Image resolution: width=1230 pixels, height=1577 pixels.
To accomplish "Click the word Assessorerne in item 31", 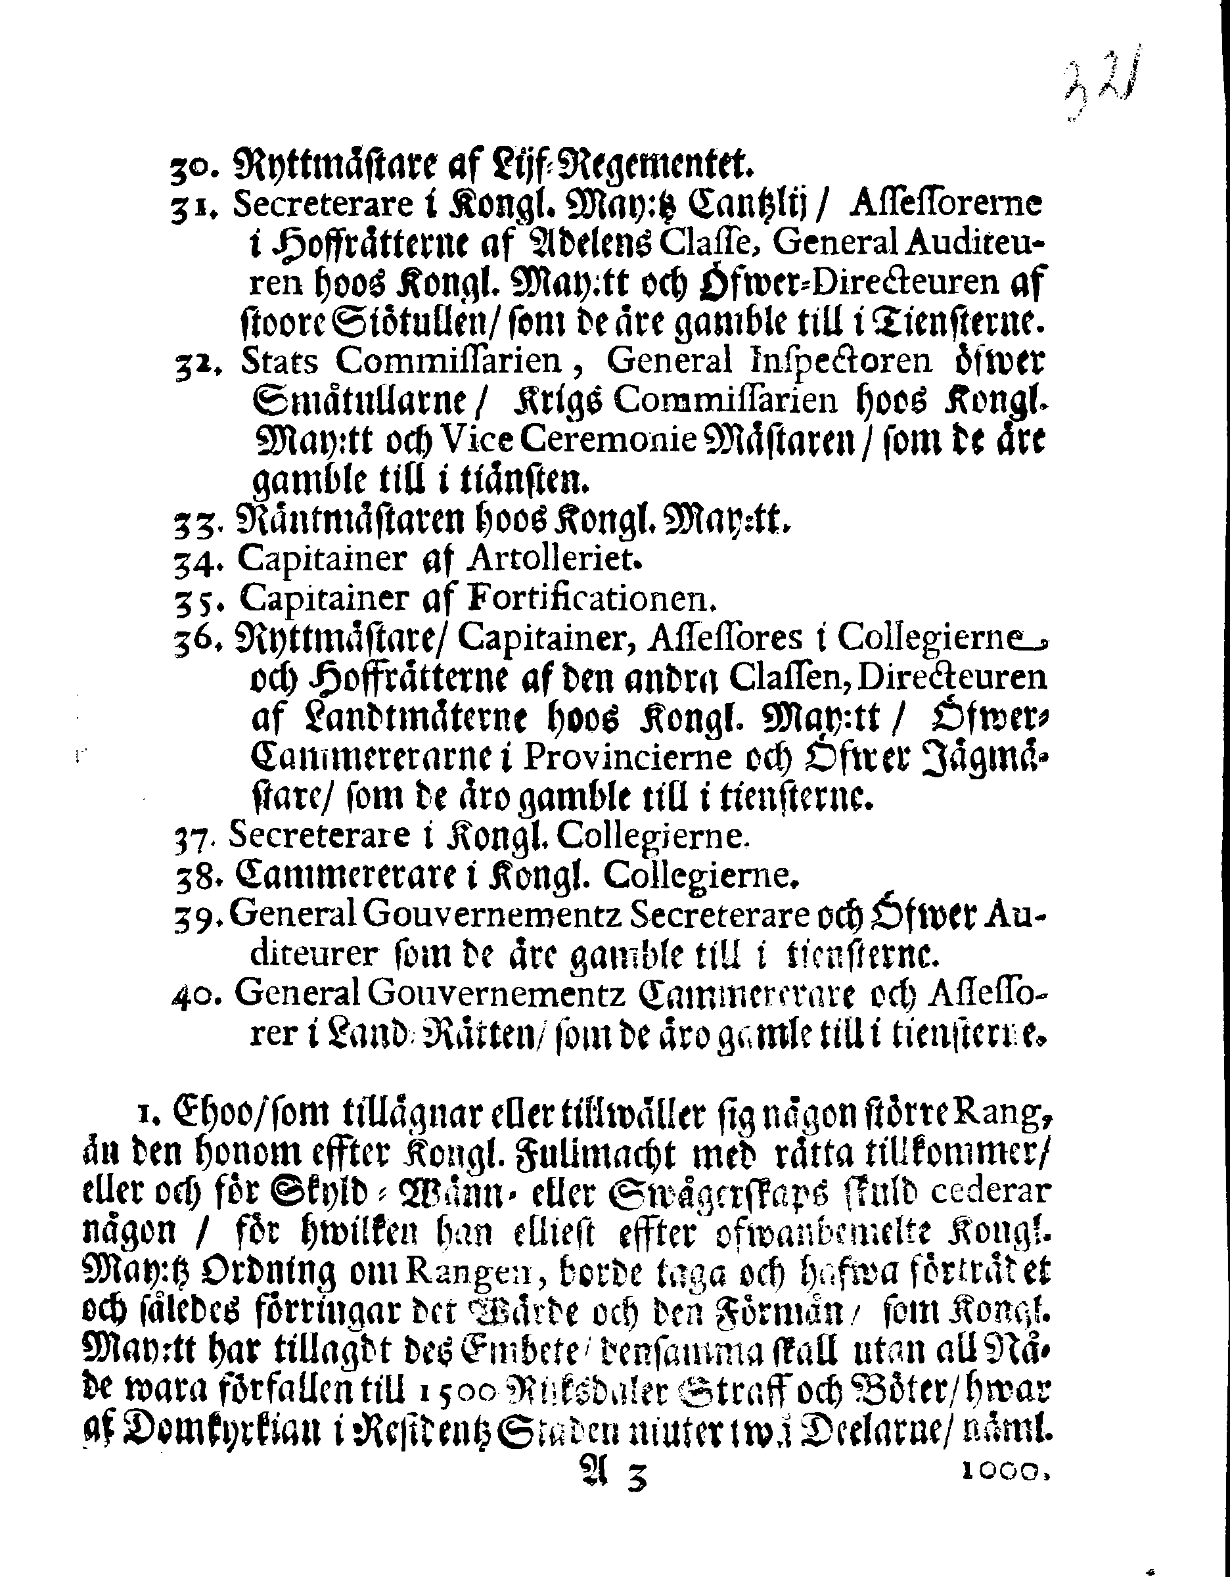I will tap(946, 205).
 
